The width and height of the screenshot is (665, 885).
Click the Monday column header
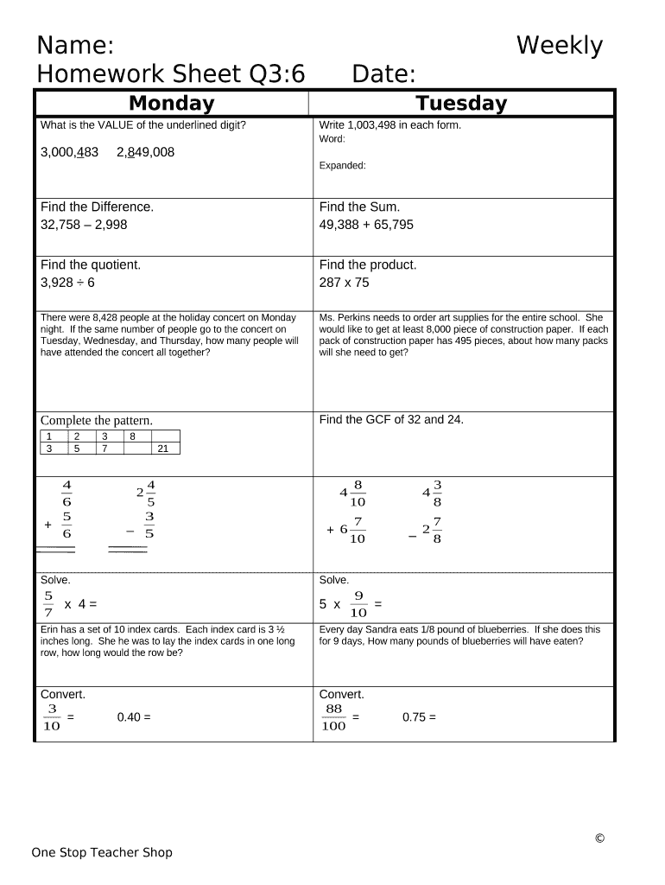(171, 104)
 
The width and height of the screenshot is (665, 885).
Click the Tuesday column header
(461, 104)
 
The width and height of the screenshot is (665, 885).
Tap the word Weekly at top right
(559, 46)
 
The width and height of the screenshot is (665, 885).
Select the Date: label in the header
(383, 74)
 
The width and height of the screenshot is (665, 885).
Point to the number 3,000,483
(69, 152)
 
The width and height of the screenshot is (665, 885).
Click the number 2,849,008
(145, 152)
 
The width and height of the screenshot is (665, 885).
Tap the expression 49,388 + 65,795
(366, 225)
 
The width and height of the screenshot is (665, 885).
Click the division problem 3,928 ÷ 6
(67, 283)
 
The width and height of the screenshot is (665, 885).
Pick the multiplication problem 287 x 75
(344, 283)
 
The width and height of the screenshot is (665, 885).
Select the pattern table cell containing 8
(132, 436)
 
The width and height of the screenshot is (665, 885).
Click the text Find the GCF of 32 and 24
(391, 419)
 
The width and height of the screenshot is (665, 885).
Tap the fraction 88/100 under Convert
(333, 717)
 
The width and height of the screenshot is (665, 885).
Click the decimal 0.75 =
(419, 716)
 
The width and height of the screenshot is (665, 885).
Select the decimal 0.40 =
(133, 716)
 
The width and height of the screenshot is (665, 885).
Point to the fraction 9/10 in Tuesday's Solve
(358, 604)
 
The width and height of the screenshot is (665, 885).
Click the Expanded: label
(343, 166)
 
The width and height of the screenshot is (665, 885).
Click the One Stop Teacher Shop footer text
(102, 852)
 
